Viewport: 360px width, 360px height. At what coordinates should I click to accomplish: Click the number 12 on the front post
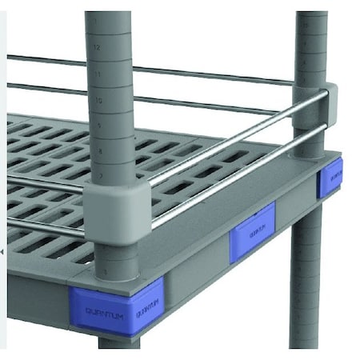point(97,48)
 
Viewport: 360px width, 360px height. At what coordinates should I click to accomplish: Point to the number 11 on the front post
point(97,74)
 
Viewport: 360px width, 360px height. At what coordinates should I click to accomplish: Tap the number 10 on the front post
point(97,101)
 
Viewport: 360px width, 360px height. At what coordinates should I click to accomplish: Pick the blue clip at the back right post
point(330,177)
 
